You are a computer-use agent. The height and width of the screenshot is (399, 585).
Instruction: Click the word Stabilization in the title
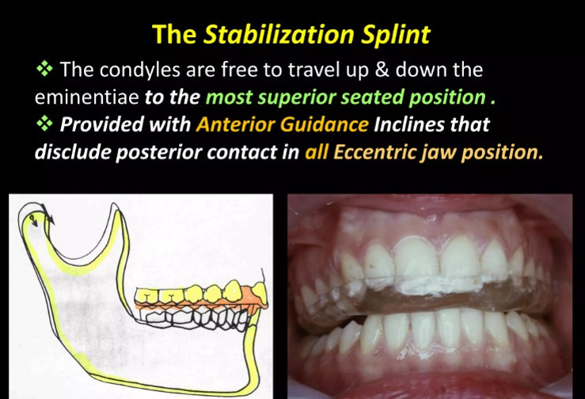(279, 34)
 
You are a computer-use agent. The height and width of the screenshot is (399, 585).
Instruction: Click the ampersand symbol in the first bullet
(382, 70)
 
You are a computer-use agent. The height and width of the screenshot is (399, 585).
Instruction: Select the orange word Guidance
(325, 124)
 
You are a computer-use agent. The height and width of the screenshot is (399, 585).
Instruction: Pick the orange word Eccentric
(374, 152)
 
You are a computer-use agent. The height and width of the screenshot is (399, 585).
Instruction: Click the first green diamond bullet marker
(44, 70)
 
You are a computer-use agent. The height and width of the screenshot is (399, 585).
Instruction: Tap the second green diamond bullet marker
(44, 124)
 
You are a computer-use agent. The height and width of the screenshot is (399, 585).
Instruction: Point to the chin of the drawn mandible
(251, 377)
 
